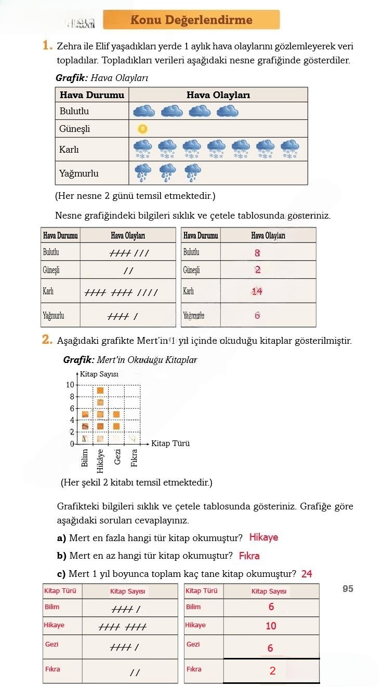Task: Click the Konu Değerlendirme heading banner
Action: [191, 20]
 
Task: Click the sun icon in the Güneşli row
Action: [142, 128]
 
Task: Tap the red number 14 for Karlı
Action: [257, 291]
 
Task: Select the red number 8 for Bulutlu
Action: [257, 253]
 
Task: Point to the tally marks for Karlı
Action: [121, 292]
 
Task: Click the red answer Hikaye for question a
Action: [263, 537]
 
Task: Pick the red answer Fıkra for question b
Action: [249, 556]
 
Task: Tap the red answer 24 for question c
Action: [307, 574]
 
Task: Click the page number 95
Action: [348, 589]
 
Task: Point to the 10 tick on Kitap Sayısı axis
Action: [70, 385]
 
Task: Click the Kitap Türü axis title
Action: [170, 443]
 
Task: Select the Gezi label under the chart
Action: [118, 456]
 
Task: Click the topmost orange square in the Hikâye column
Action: [100, 390]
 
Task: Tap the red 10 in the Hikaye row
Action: [271, 626]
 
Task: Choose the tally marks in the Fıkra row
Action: [135, 672]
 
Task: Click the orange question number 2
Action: [47, 340]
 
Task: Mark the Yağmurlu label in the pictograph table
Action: [79, 173]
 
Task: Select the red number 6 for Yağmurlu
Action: [257, 315]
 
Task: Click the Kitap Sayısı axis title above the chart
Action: [99, 374]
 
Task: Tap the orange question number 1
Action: [47, 46]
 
